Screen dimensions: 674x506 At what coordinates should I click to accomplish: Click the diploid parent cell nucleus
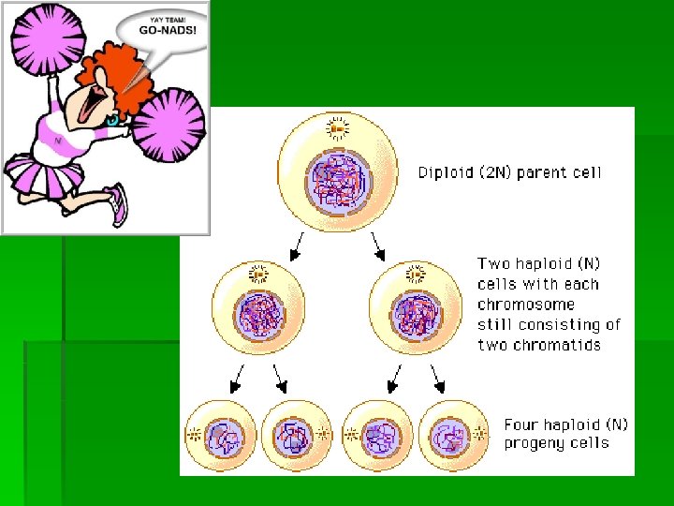click(x=338, y=181)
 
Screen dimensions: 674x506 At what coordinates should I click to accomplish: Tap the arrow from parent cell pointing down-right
click(x=378, y=247)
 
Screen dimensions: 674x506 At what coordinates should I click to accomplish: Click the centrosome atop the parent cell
click(x=338, y=127)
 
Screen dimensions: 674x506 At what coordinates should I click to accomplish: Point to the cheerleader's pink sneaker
click(x=117, y=202)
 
